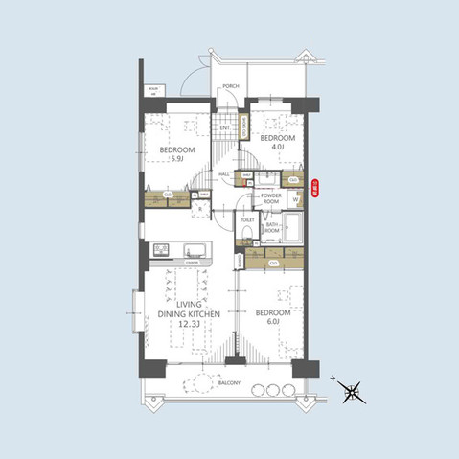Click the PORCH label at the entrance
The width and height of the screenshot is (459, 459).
point(230,87)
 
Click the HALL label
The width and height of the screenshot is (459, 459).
point(223,173)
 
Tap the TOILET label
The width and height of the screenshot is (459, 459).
point(247,219)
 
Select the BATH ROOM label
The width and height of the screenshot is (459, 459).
point(272,229)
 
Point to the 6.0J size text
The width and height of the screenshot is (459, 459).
point(273,321)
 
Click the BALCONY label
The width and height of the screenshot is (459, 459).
point(228,383)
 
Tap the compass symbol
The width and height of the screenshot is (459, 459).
point(353,390)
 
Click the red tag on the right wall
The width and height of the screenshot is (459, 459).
point(315,187)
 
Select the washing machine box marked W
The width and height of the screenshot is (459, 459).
point(295,200)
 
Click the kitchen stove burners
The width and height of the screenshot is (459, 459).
point(159,252)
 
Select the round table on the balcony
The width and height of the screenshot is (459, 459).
point(199,386)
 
